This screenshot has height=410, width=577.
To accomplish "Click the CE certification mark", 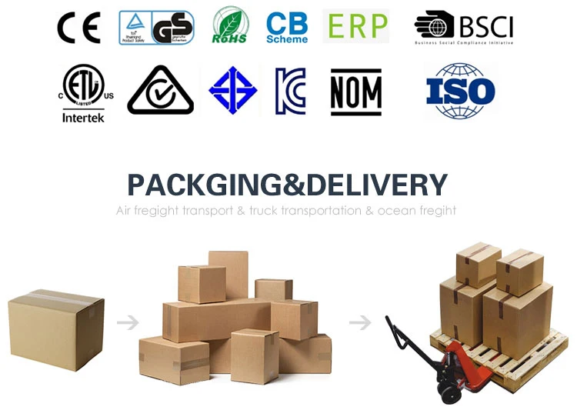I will tap(78, 28).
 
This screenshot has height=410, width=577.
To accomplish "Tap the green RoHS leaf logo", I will tap(230, 25).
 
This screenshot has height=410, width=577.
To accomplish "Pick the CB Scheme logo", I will tap(286, 28).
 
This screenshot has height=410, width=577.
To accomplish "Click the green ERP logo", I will tap(355, 26).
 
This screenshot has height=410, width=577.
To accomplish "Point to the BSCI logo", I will tap(463, 28).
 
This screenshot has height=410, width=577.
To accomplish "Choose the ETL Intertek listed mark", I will tap(82, 93).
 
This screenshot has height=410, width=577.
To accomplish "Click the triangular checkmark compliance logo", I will tap(159, 92).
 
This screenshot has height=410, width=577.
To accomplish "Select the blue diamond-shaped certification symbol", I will tap(233, 91).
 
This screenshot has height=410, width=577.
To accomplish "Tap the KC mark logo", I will tap(290, 92).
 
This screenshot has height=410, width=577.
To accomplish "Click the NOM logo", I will tap(355, 92).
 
